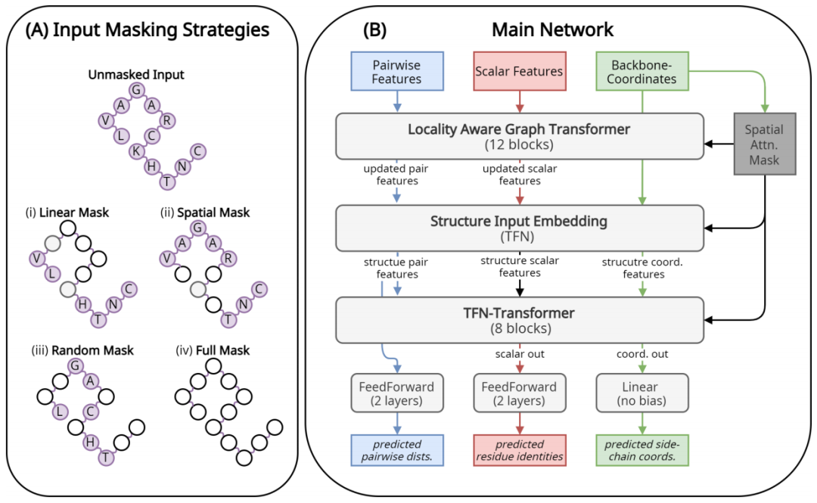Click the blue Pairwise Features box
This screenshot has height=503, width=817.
[x=397, y=70]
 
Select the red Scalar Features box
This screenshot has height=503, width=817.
[x=519, y=71]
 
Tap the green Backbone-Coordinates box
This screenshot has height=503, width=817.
[x=643, y=70]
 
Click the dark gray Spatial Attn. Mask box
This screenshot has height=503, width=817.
[x=764, y=143]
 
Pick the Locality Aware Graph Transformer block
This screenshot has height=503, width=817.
[x=519, y=136]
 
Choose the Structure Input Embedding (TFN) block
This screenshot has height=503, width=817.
[x=519, y=229]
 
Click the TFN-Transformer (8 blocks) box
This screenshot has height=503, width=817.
[x=519, y=321]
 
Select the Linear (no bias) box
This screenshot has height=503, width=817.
[x=642, y=394]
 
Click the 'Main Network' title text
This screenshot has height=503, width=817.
[x=552, y=30]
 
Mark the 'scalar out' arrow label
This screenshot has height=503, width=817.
[x=519, y=353]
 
